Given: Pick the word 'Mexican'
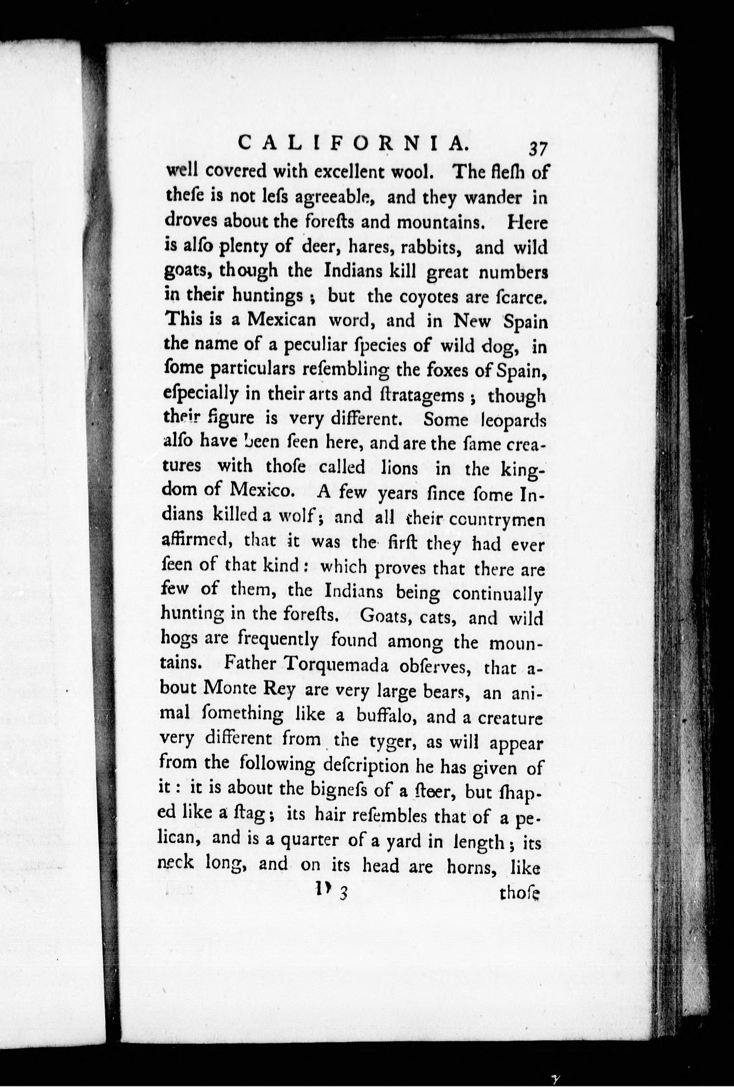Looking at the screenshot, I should [x=282, y=320].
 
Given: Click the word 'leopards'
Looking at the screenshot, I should [x=513, y=420].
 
